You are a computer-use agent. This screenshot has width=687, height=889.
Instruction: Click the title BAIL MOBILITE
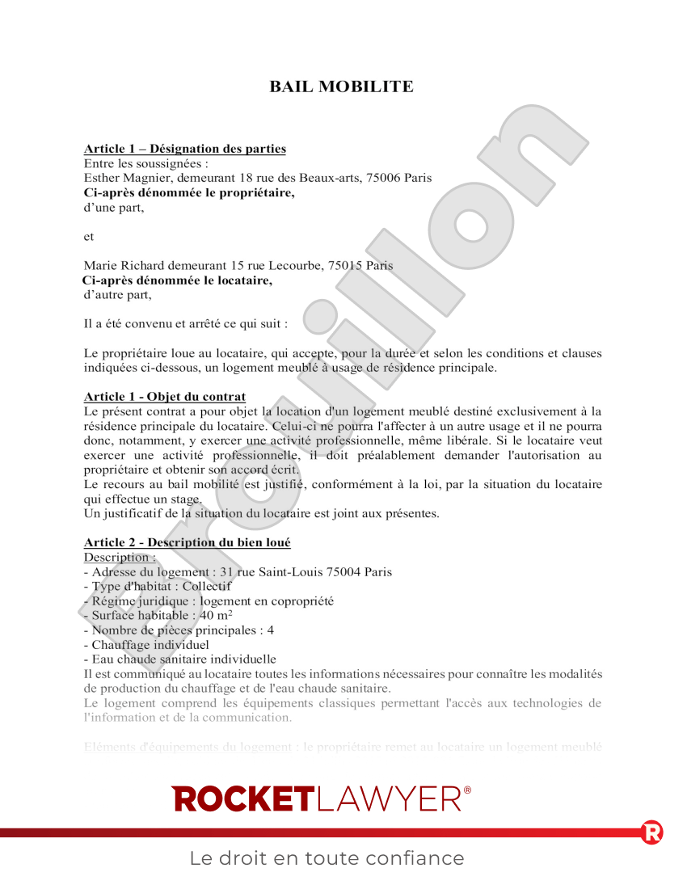click(341, 86)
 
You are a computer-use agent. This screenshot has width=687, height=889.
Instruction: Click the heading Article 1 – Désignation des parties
click(185, 149)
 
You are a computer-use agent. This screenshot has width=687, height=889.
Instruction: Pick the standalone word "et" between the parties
click(89, 236)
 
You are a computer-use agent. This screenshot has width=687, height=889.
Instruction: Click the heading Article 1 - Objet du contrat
click(165, 396)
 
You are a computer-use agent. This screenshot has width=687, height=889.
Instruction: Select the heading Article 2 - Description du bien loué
click(188, 542)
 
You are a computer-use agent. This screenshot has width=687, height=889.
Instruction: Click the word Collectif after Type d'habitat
click(207, 586)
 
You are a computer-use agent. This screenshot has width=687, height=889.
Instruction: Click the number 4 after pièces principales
click(271, 630)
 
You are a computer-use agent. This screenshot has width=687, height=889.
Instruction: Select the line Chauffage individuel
click(147, 644)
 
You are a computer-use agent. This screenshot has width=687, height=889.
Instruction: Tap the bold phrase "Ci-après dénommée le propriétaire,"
click(189, 192)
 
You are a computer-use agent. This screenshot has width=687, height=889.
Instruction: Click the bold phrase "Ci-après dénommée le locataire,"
click(178, 280)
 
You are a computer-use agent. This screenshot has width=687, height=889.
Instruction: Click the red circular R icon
click(651, 832)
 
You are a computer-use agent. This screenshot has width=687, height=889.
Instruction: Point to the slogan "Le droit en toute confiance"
click(327, 858)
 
